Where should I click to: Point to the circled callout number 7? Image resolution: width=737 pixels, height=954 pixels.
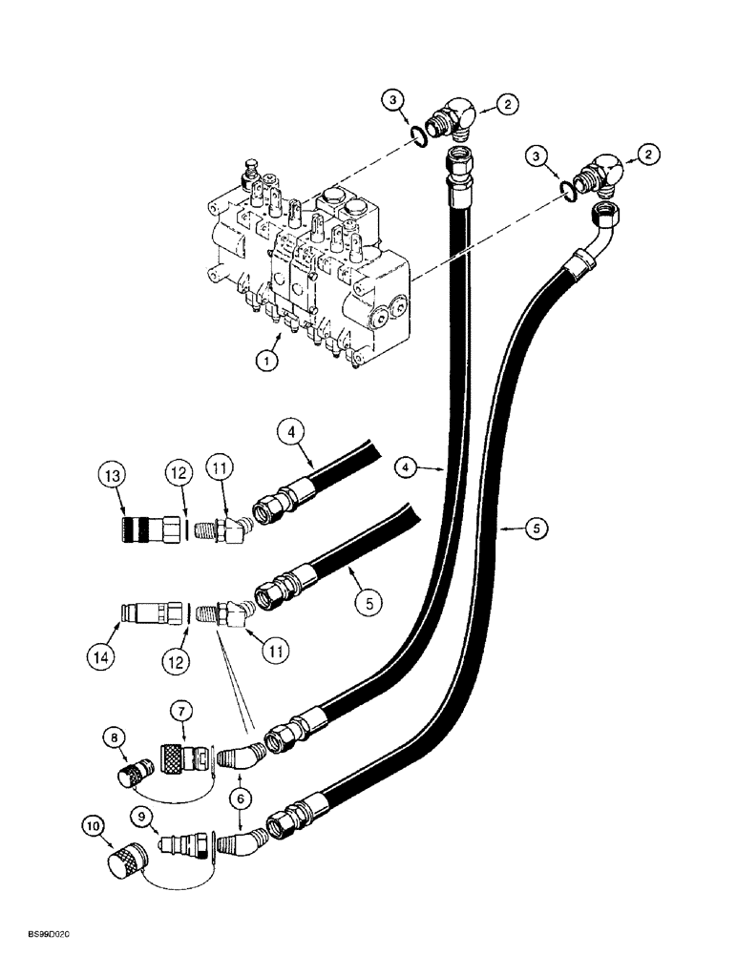coord(182,711)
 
